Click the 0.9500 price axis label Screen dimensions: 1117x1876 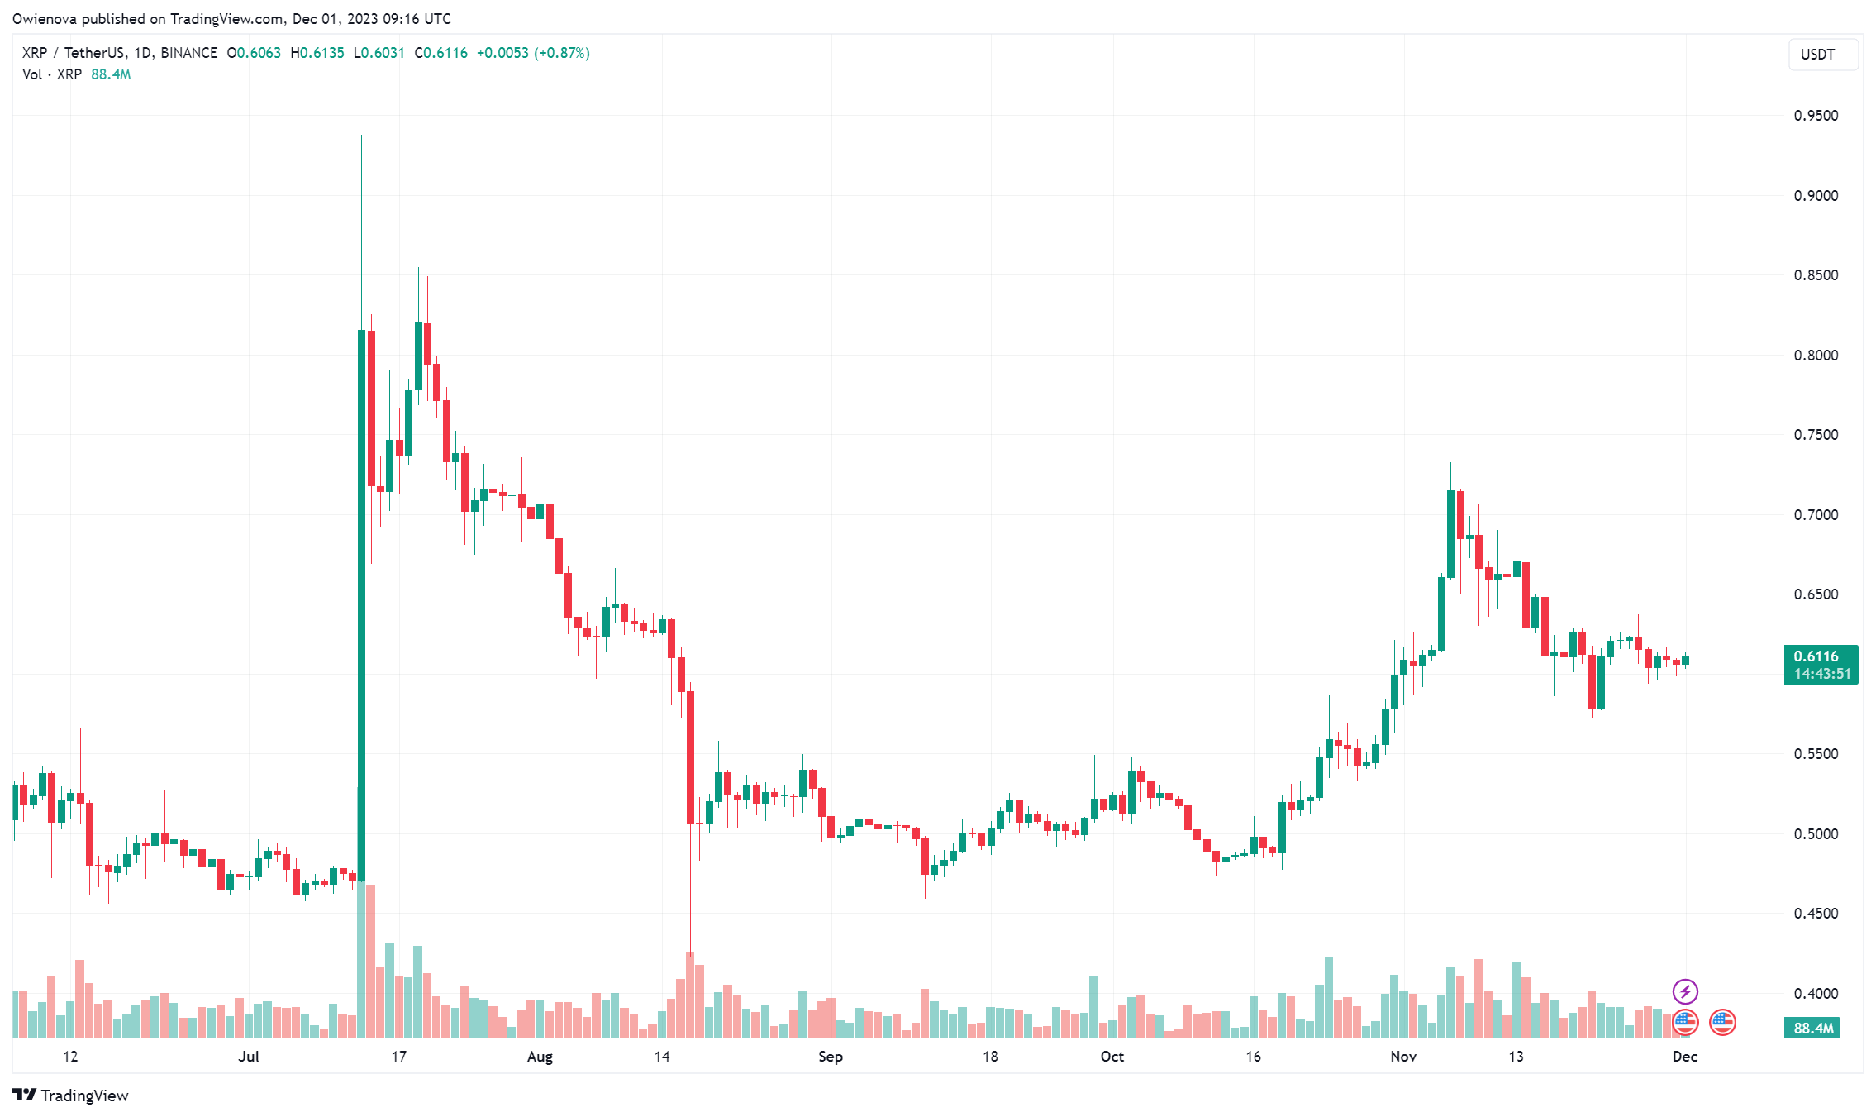coord(1815,116)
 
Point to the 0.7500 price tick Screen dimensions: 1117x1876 coord(1815,435)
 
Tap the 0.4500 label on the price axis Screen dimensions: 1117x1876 coord(1815,914)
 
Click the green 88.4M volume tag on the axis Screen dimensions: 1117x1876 coord(1812,1029)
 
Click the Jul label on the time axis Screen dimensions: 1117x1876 coord(249,1057)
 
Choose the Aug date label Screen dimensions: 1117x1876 coord(540,1057)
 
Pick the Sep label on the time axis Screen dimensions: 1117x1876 coord(830,1057)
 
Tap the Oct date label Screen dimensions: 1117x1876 coord(1112,1057)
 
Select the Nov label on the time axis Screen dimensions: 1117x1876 coord(1403,1057)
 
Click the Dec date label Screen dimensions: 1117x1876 coord(1685,1057)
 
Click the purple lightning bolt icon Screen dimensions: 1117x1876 coord(1685,991)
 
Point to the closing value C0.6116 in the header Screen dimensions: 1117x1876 coord(441,53)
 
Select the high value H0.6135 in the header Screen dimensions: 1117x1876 coord(317,53)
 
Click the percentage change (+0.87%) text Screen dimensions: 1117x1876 coord(562,53)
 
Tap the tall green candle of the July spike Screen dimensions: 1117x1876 coord(361,604)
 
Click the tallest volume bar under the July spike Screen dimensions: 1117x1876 coord(361,959)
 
